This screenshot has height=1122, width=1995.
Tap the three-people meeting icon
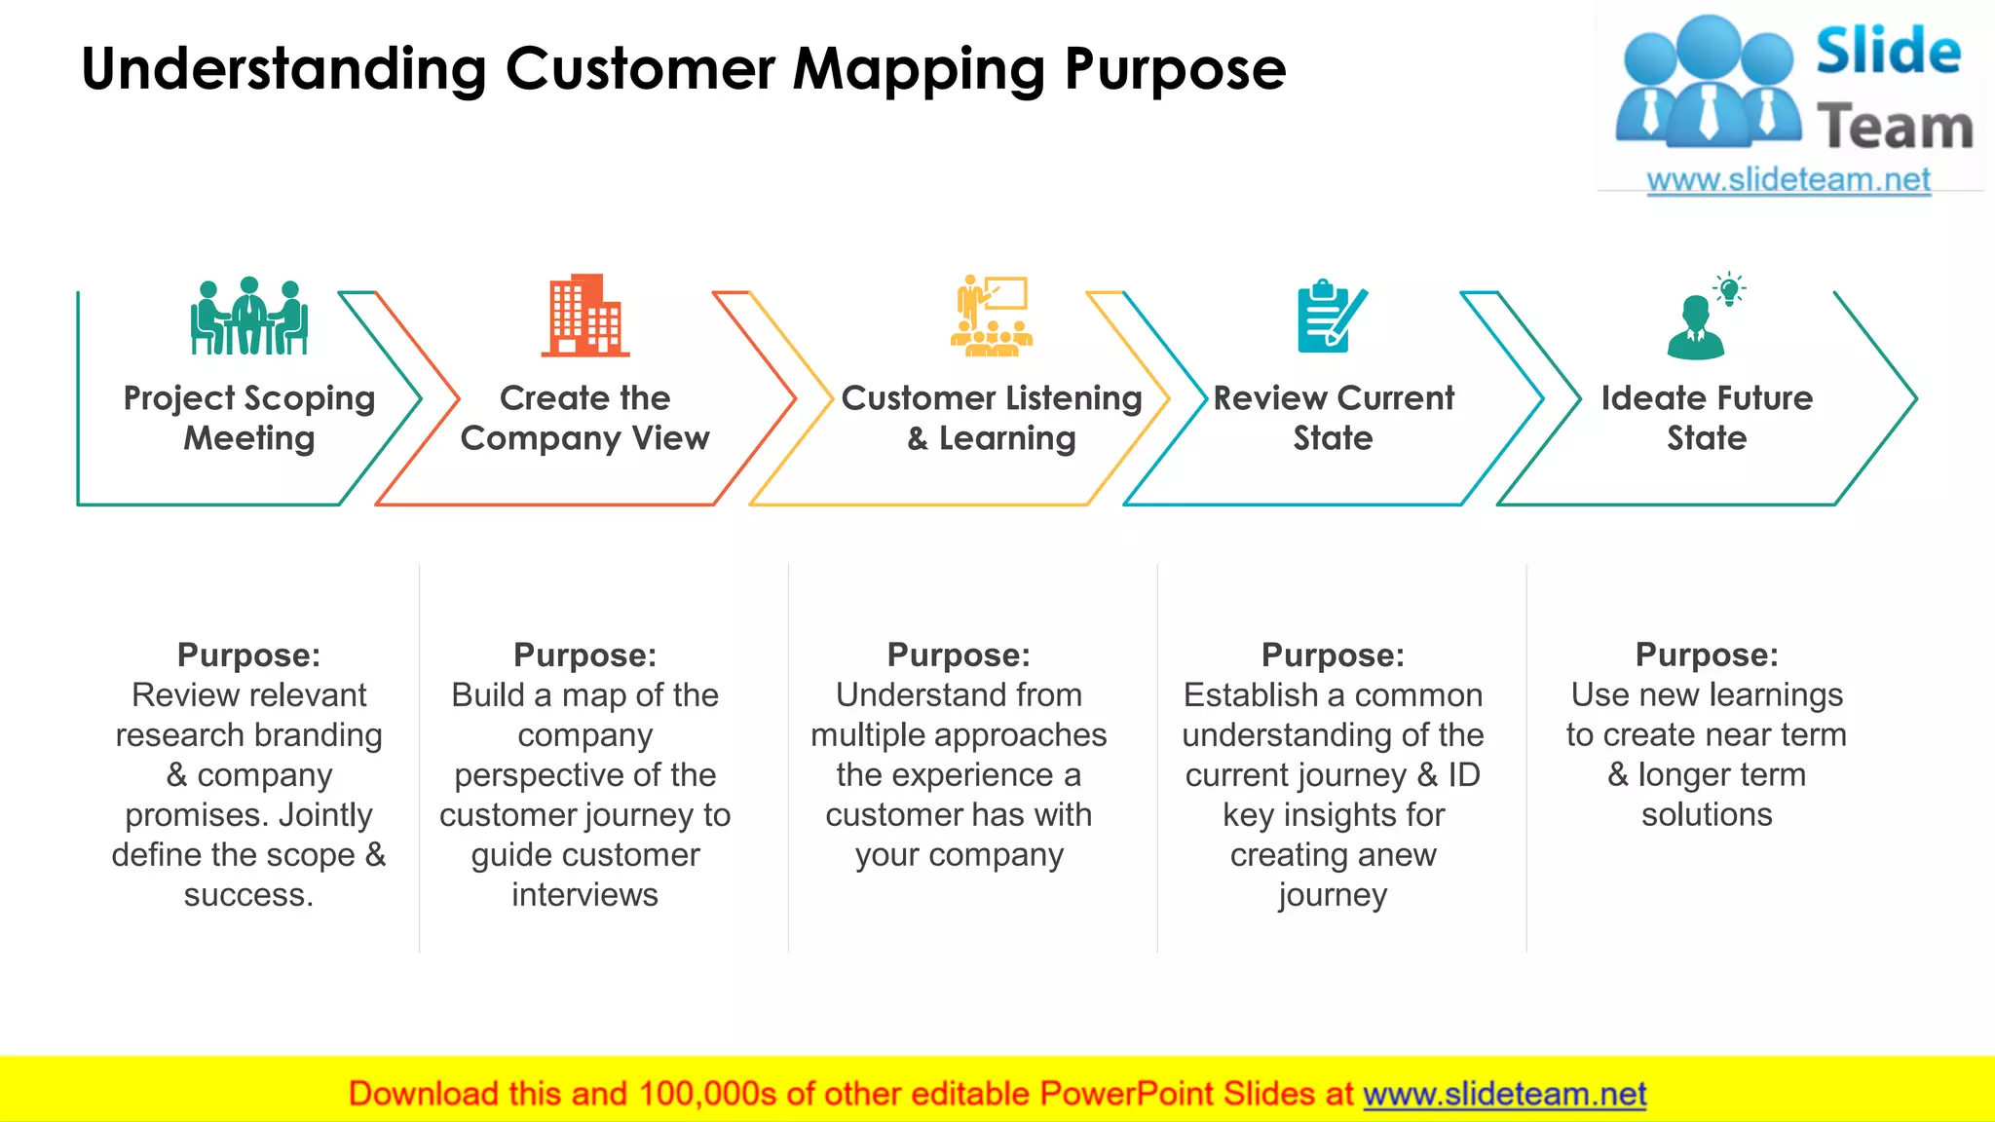click(x=249, y=316)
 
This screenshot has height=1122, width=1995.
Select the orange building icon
click(x=585, y=315)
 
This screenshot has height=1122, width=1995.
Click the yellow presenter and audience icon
click(x=992, y=316)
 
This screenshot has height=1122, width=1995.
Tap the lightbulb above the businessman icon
click(x=1729, y=288)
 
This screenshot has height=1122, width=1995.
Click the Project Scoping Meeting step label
click(x=249, y=418)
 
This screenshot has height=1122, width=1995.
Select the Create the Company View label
click(x=584, y=418)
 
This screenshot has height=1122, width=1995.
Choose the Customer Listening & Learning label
click(x=992, y=418)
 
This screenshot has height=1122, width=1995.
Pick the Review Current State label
click(x=1333, y=418)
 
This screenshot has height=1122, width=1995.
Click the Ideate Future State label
click(x=1707, y=418)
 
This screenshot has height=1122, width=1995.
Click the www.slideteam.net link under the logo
click(x=1788, y=180)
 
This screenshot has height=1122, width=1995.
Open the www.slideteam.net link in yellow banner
click(x=1504, y=1094)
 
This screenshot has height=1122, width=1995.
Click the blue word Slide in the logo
click(x=1888, y=52)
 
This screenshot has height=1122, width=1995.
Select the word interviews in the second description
click(x=584, y=895)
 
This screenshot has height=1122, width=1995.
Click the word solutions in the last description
click(x=1707, y=815)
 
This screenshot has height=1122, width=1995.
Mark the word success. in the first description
click(x=249, y=895)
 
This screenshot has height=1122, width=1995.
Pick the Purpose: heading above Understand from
click(x=959, y=655)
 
